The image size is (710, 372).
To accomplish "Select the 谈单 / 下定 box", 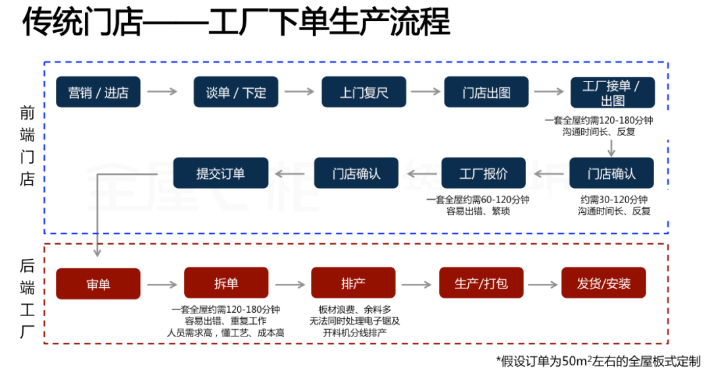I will [236, 92].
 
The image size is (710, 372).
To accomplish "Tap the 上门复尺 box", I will [364, 92].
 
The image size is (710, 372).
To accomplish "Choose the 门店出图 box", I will [486, 92].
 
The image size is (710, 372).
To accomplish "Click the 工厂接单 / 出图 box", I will [612, 92].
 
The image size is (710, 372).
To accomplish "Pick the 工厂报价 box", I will [483, 174].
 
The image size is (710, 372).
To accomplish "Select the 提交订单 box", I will [220, 174].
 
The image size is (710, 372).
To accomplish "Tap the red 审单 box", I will [98, 284].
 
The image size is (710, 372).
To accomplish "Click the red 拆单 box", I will [226, 283].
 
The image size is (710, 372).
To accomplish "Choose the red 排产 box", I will [353, 283].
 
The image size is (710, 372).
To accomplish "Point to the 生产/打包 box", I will [481, 284].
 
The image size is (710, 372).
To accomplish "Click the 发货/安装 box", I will [603, 284].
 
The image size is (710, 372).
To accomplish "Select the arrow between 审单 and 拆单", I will [162, 285].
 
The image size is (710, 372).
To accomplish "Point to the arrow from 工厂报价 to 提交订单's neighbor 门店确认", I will [421, 174].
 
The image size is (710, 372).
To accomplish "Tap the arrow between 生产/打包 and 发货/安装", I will [543, 285].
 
